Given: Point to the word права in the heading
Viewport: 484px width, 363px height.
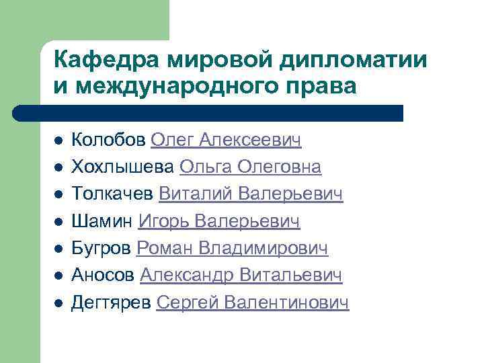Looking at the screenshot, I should click(325, 86).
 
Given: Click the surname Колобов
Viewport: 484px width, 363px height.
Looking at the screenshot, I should click(108, 140).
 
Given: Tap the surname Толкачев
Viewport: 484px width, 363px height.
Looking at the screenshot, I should click(112, 194).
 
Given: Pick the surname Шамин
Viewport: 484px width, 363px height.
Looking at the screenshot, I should click(102, 222).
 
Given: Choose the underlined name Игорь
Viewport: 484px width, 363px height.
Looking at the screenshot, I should click(162, 222).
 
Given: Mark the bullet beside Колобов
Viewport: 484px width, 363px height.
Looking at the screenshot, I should click(58, 141).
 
